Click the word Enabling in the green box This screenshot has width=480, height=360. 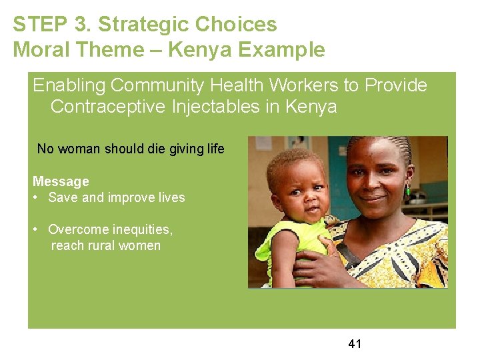69,85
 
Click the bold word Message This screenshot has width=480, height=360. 61,181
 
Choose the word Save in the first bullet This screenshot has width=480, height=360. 63,197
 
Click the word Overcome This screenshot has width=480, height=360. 78,229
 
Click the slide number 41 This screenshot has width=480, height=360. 355,344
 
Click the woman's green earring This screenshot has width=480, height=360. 407,191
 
